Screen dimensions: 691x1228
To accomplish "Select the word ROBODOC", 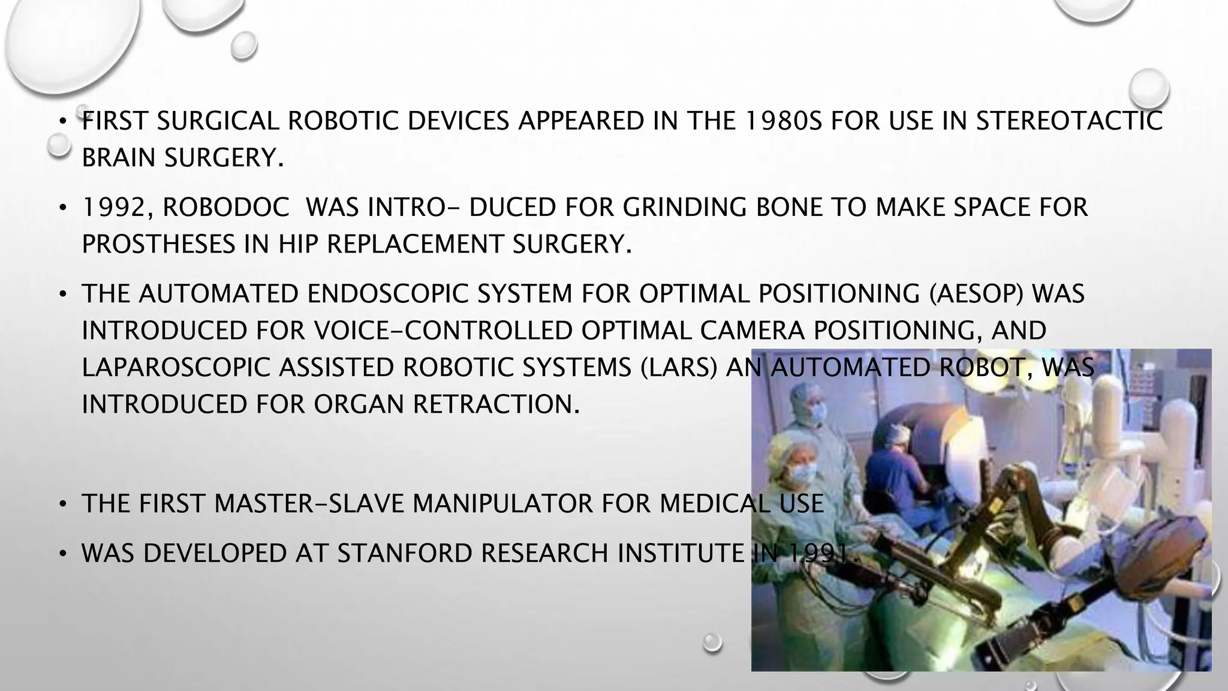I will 225,208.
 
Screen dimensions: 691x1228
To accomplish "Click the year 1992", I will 114,208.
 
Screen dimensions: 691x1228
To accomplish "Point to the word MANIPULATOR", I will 502,503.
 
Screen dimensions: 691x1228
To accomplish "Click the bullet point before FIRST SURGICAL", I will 62,122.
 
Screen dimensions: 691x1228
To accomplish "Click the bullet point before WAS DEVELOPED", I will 62,553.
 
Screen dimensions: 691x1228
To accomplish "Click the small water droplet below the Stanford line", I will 712,642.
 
